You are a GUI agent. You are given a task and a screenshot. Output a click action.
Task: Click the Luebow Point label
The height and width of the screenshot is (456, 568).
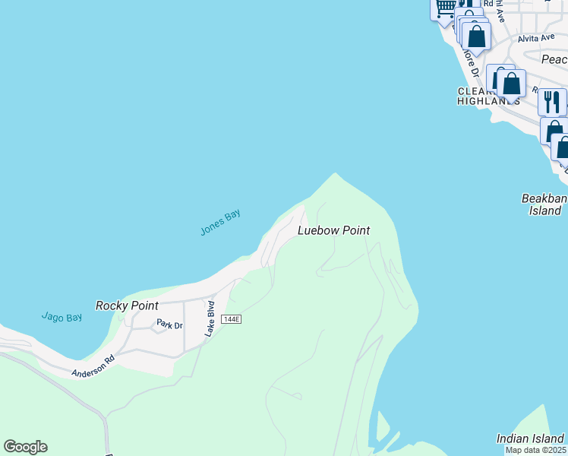333,230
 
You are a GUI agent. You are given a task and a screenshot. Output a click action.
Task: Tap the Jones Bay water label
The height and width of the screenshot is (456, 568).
220,222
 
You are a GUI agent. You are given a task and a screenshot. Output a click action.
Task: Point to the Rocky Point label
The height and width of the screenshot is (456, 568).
127,306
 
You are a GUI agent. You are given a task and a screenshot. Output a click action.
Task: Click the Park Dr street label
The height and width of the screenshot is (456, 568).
169,325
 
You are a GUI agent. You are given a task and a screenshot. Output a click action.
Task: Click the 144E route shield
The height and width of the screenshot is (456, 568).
231,319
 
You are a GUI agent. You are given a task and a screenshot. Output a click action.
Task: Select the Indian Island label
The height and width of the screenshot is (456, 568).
530,439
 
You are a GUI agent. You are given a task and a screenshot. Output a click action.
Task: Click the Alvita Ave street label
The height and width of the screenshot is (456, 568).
536,38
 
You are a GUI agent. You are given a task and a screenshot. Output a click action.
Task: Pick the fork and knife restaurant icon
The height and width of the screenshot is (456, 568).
552,101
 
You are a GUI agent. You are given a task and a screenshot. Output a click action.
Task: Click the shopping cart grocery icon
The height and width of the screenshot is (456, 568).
444,8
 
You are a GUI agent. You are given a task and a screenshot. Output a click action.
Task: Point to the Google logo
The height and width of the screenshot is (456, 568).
25,447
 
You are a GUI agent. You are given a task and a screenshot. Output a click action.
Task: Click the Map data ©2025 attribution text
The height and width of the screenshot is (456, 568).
536,450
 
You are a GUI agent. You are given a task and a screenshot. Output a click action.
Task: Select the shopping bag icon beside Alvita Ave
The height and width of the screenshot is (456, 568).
476,36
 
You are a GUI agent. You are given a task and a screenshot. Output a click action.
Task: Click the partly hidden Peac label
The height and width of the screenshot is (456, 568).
554,59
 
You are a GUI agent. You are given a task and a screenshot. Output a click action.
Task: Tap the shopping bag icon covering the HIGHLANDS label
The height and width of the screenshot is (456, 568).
512,83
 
